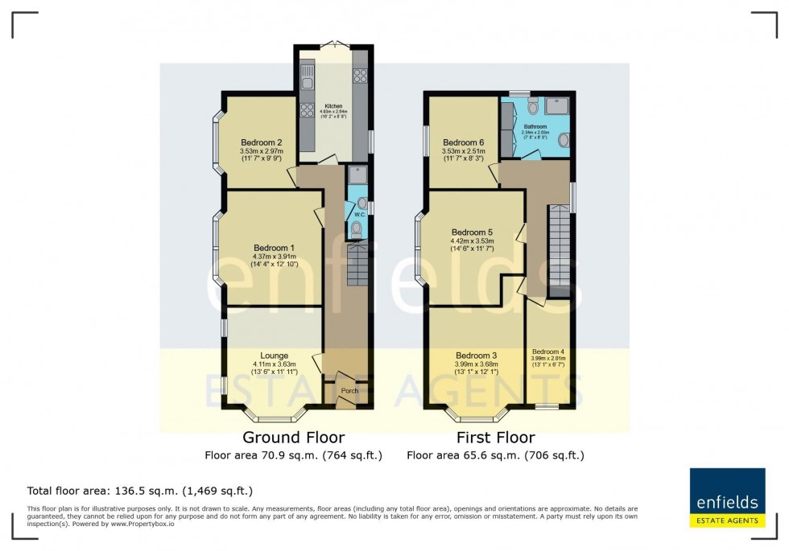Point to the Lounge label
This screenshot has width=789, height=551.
(274, 355)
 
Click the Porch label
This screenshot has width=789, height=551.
(349, 391)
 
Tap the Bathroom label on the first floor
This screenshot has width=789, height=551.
(534, 126)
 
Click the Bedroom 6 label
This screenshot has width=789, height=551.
(463, 141)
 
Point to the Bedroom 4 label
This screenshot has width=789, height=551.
(548, 351)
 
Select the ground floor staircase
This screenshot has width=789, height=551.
(357, 266)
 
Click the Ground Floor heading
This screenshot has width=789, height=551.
(294, 438)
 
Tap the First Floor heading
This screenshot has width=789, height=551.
(496, 438)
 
